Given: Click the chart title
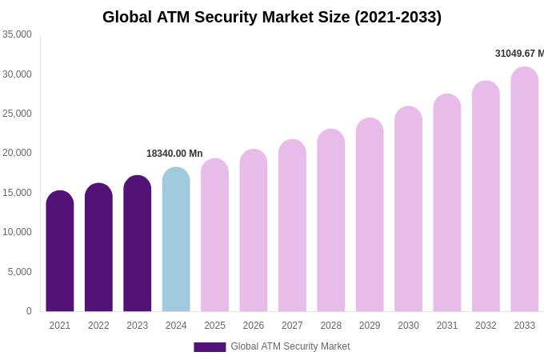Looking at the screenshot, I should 272,17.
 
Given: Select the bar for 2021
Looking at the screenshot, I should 60,252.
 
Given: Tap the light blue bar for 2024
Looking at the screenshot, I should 176,240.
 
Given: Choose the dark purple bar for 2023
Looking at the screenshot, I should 138,244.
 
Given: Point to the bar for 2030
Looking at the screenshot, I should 408,210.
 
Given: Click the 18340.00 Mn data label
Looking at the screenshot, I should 174,154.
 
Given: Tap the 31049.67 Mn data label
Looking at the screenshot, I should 519,54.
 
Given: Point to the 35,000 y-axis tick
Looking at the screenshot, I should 18,34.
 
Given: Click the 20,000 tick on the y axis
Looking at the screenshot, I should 18,153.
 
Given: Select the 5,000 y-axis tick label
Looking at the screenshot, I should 20,272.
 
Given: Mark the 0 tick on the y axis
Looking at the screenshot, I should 29,311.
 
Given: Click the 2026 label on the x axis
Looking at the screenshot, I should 254,326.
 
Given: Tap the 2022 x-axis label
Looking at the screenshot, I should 98,326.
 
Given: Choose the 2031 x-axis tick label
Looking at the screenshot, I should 447,326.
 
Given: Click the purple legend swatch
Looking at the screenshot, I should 210,347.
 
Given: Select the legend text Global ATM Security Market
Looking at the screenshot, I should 290,346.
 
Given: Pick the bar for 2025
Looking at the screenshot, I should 214,236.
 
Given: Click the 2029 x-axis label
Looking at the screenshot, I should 370,326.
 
